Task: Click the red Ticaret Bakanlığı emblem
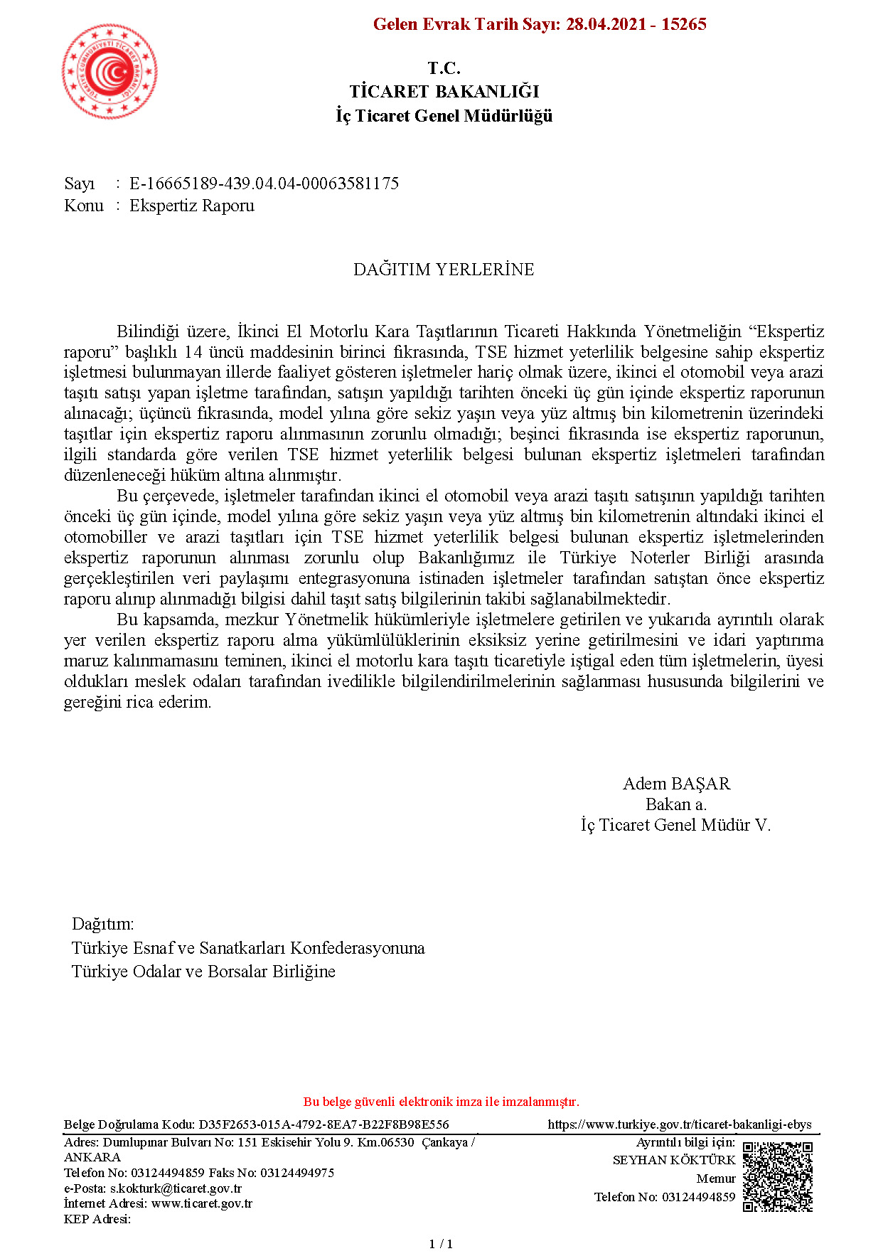pyautogui.click(x=109, y=71)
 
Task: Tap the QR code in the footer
pyautogui.click(x=777, y=1176)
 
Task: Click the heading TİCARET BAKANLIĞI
pyautogui.click(x=444, y=92)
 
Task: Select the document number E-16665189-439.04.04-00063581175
pyautogui.click(x=264, y=183)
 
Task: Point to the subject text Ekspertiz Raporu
pyautogui.click(x=191, y=206)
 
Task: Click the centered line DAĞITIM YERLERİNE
pyautogui.click(x=444, y=270)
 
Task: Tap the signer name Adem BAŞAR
pyautogui.click(x=676, y=784)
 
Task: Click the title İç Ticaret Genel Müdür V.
pyautogui.click(x=675, y=825)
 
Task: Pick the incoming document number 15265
pyautogui.click(x=683, y=24)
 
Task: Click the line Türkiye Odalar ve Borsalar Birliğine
pyautogui.click(x=203, y=972)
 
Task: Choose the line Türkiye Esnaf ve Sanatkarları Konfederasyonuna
pyautogui.click(x=248, y=948)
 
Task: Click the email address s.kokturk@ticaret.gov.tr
pyautogui.click(x=176, y=1188)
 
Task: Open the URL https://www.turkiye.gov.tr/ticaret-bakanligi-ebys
pyautogui.click(x=679, y=1124)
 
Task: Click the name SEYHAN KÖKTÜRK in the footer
pyautogui.click(x=673, y=1160)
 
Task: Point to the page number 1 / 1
pyautogui.click(x=441, y=1244)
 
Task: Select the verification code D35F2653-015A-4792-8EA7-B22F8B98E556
pyautogui.click(x=323, y=1124)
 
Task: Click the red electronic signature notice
pyautogui.click(x=441, y=1102)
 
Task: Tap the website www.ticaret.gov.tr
pyautogui.click(x=202, y=1203)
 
